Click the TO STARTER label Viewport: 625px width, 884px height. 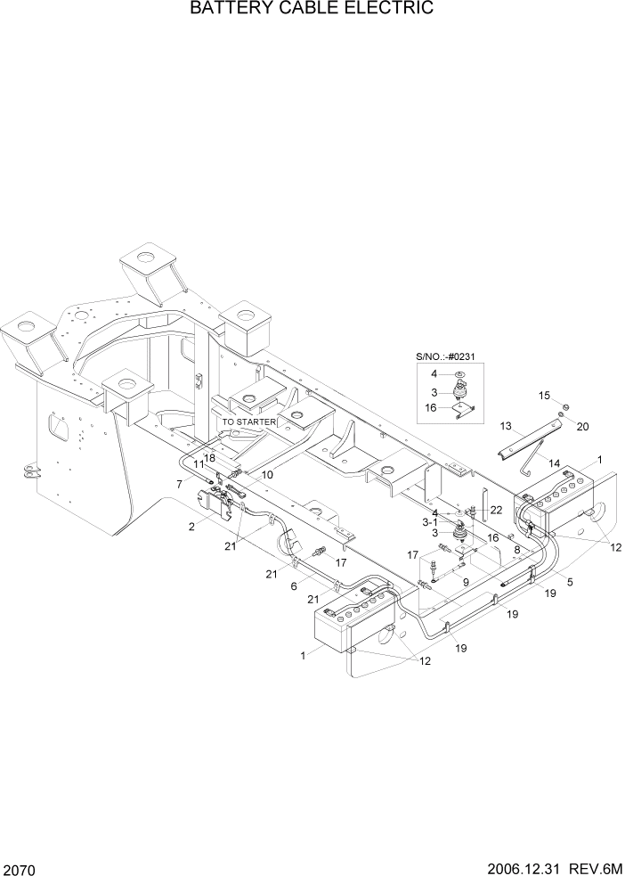(x=249, y=422)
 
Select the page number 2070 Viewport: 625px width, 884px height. (x=20, y=870)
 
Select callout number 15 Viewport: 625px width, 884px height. (x=544, y=394)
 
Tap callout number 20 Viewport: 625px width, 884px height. (x=583, y=426)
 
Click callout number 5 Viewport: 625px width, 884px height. (x=570, y=583)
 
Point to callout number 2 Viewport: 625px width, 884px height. (x=191, y=527)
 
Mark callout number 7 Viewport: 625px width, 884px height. (x=180, y=484)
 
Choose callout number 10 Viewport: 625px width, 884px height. (x=267, y=474)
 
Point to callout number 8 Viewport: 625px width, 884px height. (x=516, y=550)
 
